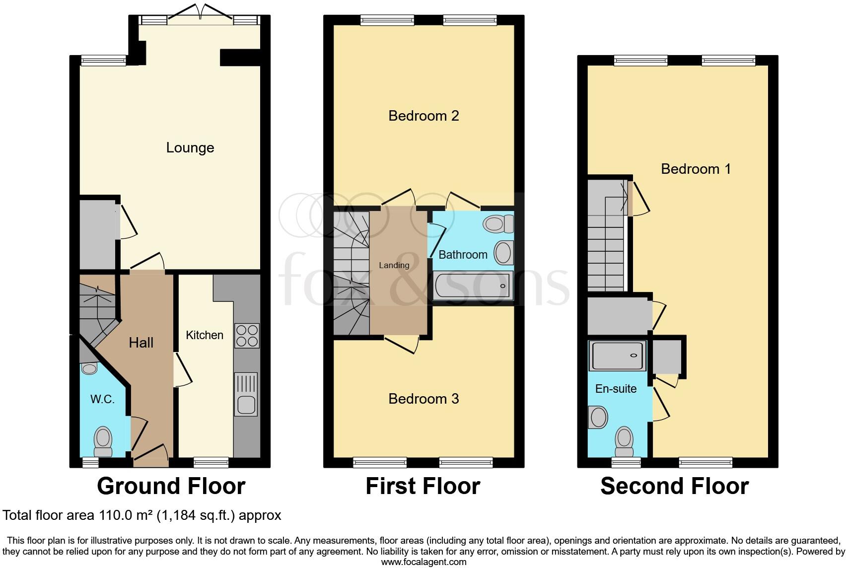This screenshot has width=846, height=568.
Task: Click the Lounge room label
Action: tap(190, 147)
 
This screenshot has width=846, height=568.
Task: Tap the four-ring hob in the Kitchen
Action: tap(246, 336)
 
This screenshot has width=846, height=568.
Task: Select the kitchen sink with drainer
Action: tap(246, 394)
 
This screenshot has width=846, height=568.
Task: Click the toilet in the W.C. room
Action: tap(103, 441)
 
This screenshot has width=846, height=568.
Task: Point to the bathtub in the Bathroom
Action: tap(472, 285)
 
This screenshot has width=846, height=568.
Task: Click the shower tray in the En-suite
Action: tap(617, 355)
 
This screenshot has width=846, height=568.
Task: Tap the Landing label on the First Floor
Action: tap(394, 265)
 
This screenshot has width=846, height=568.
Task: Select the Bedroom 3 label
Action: tap(423, 399)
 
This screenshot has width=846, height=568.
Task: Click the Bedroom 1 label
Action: tap(695, 169)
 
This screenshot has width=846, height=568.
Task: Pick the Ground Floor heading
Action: tap(171, 486)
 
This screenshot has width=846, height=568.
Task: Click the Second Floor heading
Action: tap(674, 486)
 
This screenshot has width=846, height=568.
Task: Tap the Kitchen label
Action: tap(204, 335)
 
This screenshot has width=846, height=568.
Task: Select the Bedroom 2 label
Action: tap(423, 116)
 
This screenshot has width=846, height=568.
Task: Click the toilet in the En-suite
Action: tap(624, 441)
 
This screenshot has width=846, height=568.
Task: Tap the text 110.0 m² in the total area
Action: tap(124, 515)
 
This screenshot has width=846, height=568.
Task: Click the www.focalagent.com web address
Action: tap(423, 562)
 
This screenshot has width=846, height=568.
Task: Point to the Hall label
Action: tap(141, 342)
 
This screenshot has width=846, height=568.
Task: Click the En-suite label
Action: tap(616, 389)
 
